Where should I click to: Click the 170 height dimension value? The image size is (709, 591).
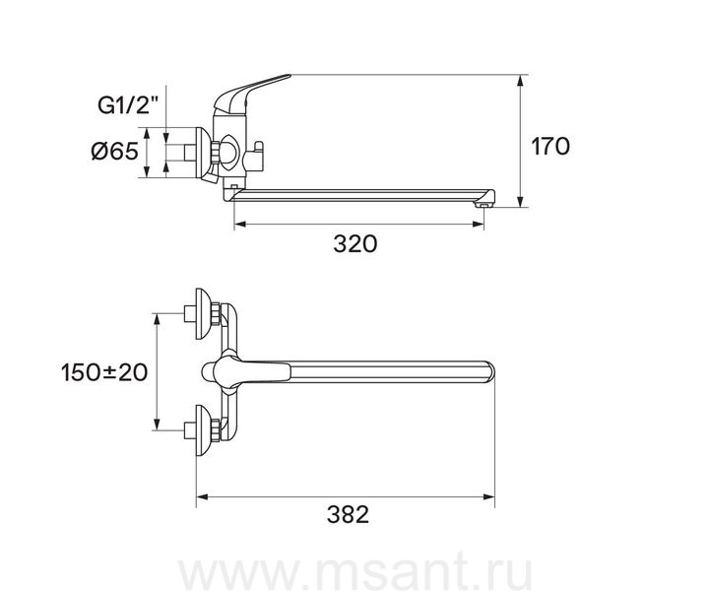coord(549,147)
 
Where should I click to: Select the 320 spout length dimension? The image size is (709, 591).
coord(354,244)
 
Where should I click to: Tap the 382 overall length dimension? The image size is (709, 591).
coord(348,514)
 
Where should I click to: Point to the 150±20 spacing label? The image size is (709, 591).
coord(104,372)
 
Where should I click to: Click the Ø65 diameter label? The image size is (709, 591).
coord(114,151)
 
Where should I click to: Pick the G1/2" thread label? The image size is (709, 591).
coord(129,105)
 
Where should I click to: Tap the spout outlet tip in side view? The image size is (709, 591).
coord(483,205)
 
